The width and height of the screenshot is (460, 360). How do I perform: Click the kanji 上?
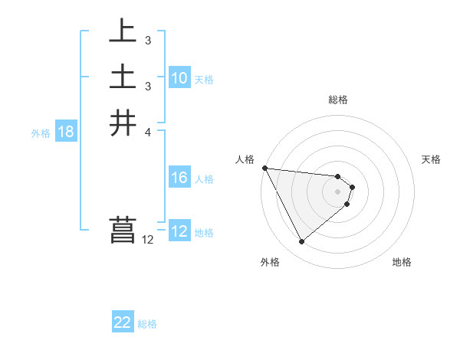123,31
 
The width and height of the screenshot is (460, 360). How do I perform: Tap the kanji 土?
123,78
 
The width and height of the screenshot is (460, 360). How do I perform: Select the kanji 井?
123,123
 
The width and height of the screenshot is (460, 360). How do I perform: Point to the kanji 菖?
123,231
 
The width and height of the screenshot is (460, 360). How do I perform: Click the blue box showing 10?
179,78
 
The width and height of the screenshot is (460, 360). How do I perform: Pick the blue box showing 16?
179,178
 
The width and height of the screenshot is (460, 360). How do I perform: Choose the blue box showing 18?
66,132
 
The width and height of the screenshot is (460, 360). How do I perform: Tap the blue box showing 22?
123,322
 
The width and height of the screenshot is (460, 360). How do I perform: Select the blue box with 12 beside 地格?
179,231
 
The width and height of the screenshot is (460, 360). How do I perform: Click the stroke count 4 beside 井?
147,132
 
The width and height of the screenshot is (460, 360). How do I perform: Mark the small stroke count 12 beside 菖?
147,240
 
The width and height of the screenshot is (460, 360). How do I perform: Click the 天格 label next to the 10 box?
204,80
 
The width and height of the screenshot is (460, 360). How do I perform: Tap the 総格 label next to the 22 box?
147,324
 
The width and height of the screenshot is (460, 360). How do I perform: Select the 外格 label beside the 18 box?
41,133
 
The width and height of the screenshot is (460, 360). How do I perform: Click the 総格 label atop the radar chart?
338,100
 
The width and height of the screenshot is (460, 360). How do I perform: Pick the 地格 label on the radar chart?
402,263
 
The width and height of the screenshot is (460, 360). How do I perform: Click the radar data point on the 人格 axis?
264,168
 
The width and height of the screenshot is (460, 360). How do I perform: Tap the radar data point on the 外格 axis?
301,241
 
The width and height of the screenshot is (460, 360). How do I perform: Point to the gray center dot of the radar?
338,191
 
